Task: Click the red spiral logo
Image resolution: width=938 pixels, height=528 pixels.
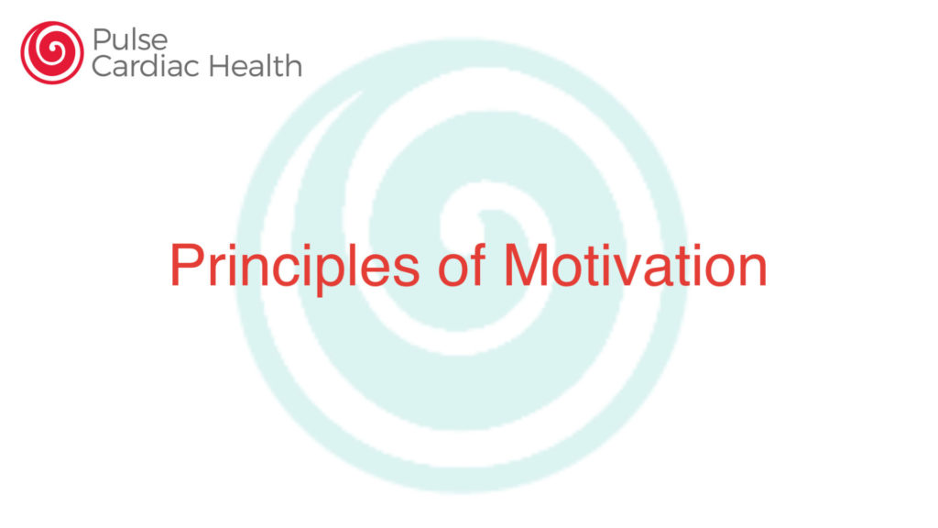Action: click(52, 52)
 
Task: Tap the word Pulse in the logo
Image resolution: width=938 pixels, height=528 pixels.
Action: click(130, 40)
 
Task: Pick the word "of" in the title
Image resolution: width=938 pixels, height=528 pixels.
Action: click(462, 265)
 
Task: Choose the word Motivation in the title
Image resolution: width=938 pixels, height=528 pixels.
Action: click(636, 265)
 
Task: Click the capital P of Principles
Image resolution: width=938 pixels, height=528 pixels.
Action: click(187, 265)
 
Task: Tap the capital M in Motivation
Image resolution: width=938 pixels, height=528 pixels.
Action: click(526, 265)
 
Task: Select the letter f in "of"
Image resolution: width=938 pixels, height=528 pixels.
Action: click(476, 265)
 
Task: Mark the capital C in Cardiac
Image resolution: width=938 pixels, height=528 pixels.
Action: click(102, 66)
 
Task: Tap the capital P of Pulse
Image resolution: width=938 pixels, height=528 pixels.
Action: click(101, 40)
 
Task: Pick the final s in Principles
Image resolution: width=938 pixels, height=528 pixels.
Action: click(406, 270)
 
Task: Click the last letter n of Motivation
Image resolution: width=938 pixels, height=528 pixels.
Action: click(755, 270)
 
